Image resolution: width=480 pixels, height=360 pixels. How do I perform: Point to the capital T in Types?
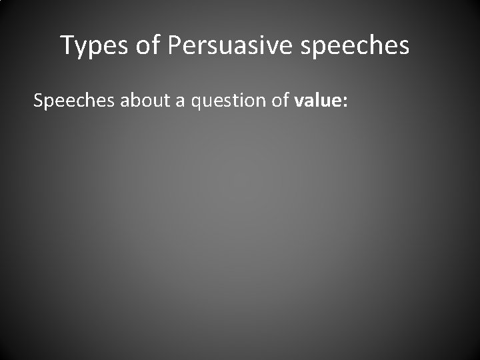point(68,45)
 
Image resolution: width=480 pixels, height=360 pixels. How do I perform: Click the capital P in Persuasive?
point(175,45)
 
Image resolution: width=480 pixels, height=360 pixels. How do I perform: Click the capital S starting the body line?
point(39,101)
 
